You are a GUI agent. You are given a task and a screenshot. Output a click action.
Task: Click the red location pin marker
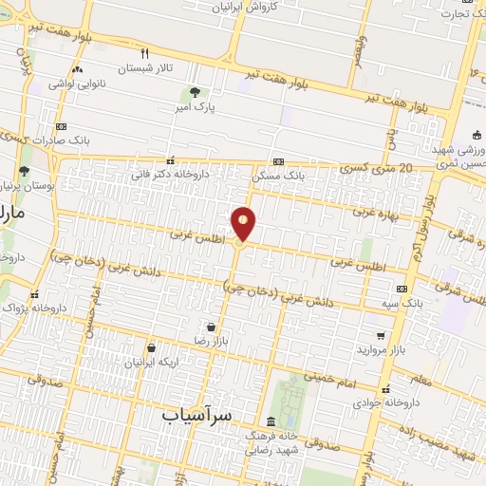(x=244, y=223)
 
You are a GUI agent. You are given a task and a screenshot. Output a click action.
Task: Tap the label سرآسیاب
(x=196, y=415)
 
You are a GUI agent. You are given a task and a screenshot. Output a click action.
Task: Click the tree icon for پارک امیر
(x=195, y=93)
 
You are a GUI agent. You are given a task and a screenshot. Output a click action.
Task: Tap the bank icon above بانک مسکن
(x=278, y=161)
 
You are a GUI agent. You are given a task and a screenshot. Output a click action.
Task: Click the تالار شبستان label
(x=148, y=68)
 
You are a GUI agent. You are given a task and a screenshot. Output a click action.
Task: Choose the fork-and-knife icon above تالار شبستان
(x=145, y=53)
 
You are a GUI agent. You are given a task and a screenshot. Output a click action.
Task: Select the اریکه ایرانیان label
(x=150, y=363)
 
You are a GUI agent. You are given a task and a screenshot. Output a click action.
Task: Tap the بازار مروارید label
(x=381, y=350)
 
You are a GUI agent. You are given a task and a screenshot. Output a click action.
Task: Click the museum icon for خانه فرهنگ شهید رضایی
(x=272, y=421)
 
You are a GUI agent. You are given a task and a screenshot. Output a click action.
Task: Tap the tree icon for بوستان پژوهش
(x=23, y=172)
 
